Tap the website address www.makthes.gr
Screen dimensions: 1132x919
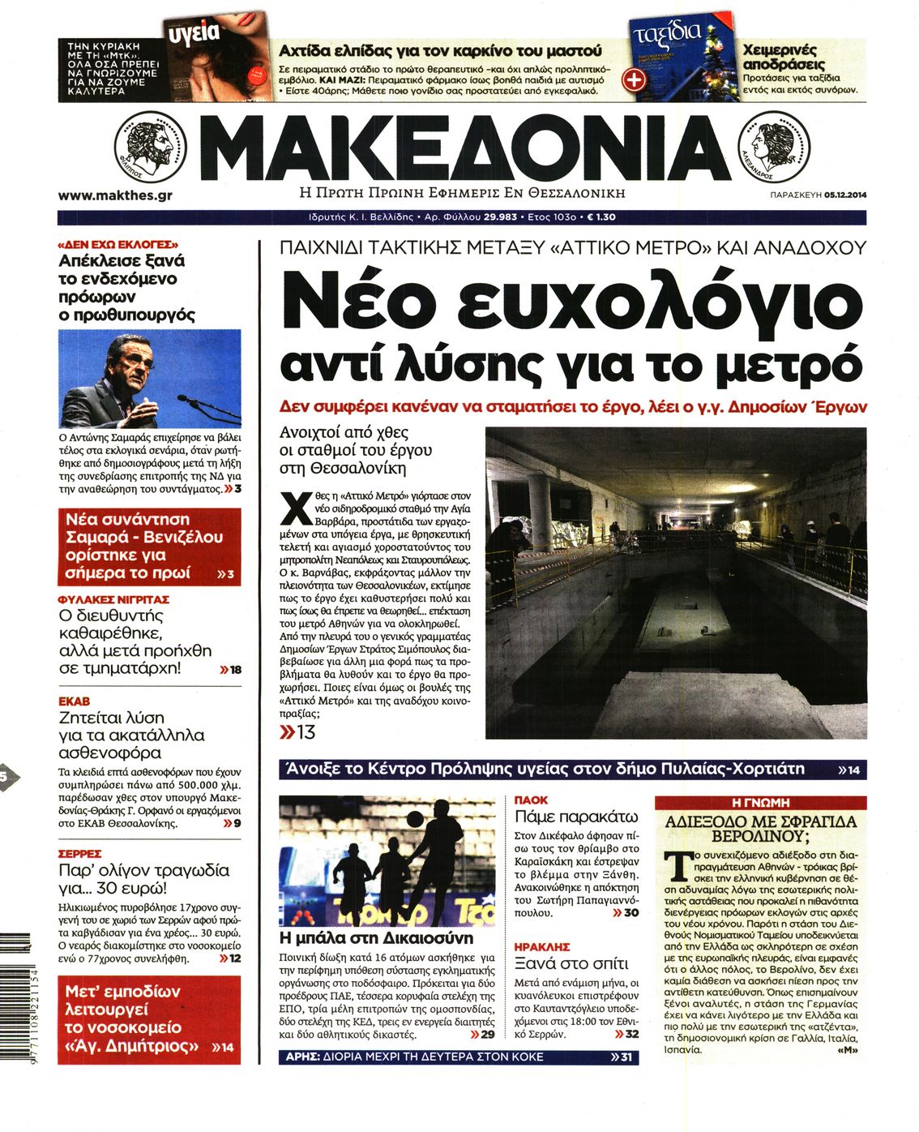coord(115,195)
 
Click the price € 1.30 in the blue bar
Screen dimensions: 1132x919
coord(601,217)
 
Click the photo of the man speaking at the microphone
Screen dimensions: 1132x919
coord(149,379)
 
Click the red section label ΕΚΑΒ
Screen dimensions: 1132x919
coord(74,701)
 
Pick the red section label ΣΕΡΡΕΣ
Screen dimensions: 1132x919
coord(79,854)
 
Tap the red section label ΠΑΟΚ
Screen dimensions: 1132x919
coord(531,800)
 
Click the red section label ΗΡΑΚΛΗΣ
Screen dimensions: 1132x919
coord(541,946)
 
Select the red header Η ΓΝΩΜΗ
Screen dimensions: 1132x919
coord(759,802)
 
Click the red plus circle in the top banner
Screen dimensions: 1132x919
coord(633,79)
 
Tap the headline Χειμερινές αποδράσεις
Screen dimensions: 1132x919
coord(779,56)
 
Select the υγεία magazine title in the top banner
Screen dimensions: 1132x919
coord(193,32)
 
